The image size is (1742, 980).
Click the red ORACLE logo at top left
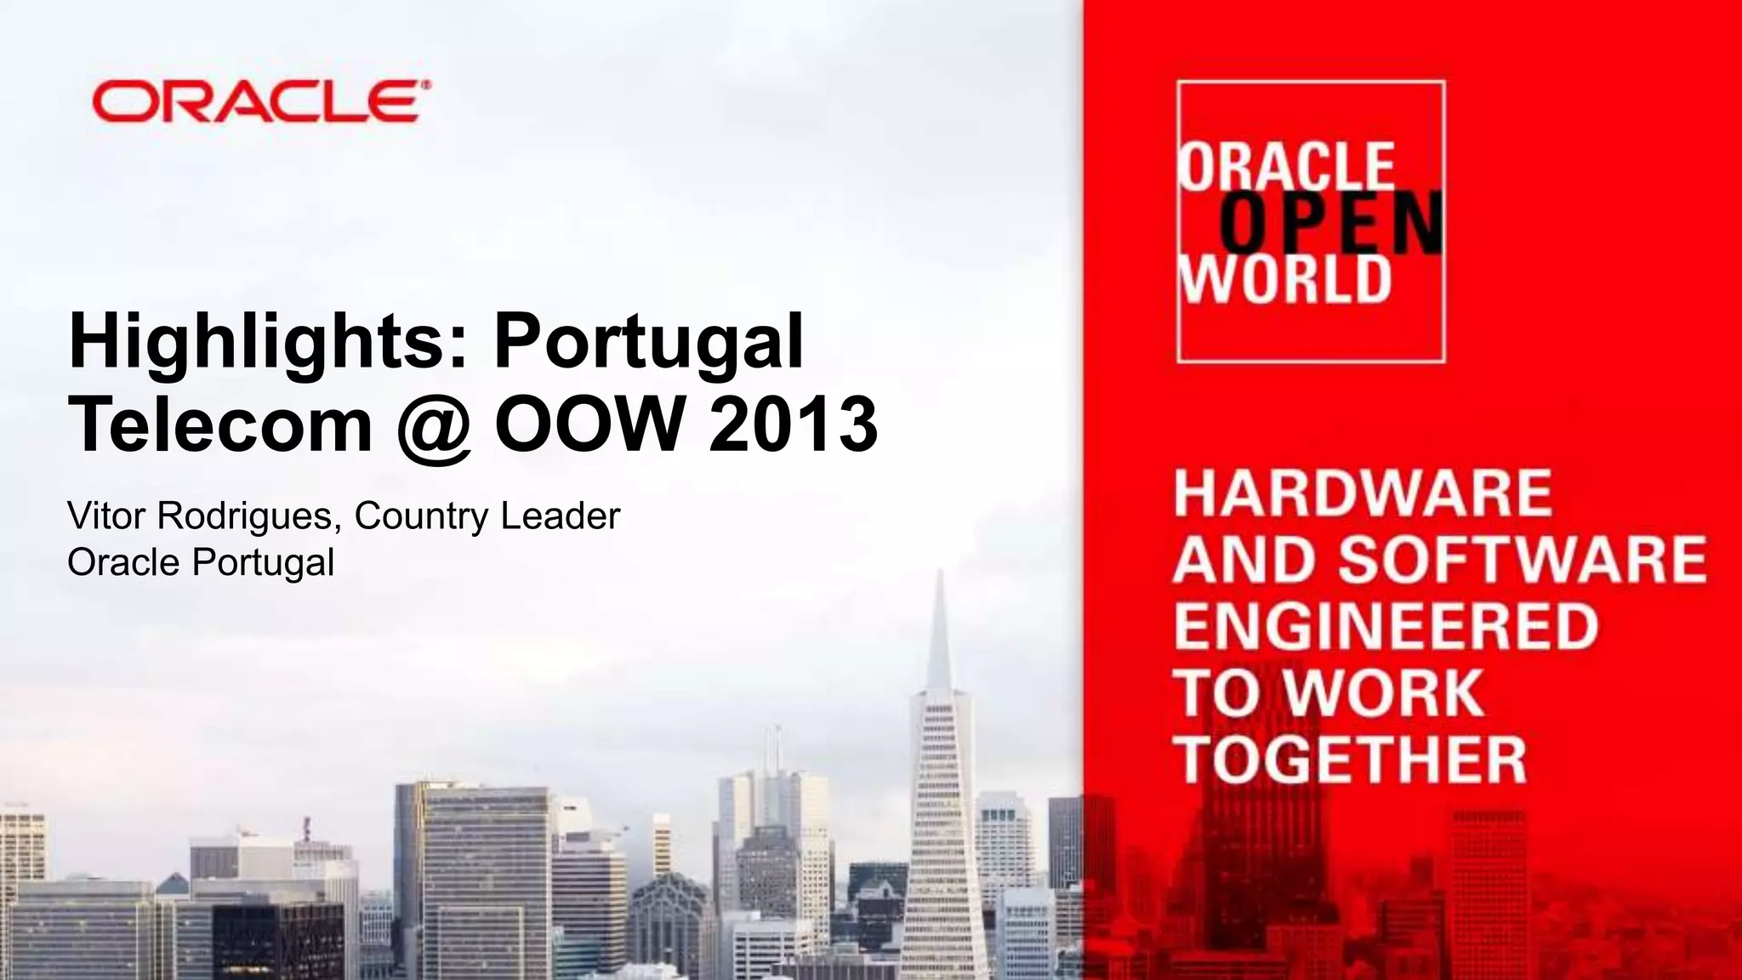point(260,102)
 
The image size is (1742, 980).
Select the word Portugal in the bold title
point(648,342)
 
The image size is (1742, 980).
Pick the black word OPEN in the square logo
point(1331,223)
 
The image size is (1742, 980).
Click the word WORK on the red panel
point(1383,692)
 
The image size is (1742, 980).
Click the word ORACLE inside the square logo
point(1286,167)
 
